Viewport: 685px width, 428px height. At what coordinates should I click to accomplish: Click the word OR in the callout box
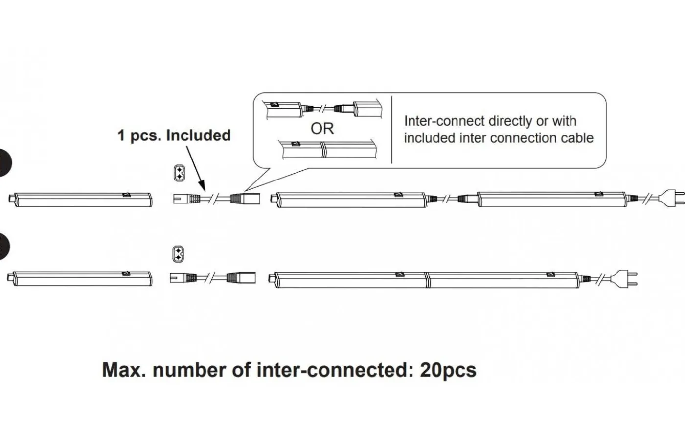tap(322, 129)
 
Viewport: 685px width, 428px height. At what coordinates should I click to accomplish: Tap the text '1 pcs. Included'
tap(174, 135)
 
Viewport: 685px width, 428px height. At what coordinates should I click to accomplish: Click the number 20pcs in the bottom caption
tap(448, 370)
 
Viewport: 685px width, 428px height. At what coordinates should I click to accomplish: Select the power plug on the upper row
tap(670, 198)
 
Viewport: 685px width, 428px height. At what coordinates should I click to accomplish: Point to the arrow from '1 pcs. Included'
tap(195, 167)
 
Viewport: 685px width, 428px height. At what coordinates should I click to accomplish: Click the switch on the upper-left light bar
tap(127, 195)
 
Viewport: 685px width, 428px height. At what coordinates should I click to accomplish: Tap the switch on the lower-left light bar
tap(126, 275)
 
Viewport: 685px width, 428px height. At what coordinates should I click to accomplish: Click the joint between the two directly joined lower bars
tap(427, 280)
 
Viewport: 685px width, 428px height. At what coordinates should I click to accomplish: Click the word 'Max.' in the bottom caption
tap(124, 370)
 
